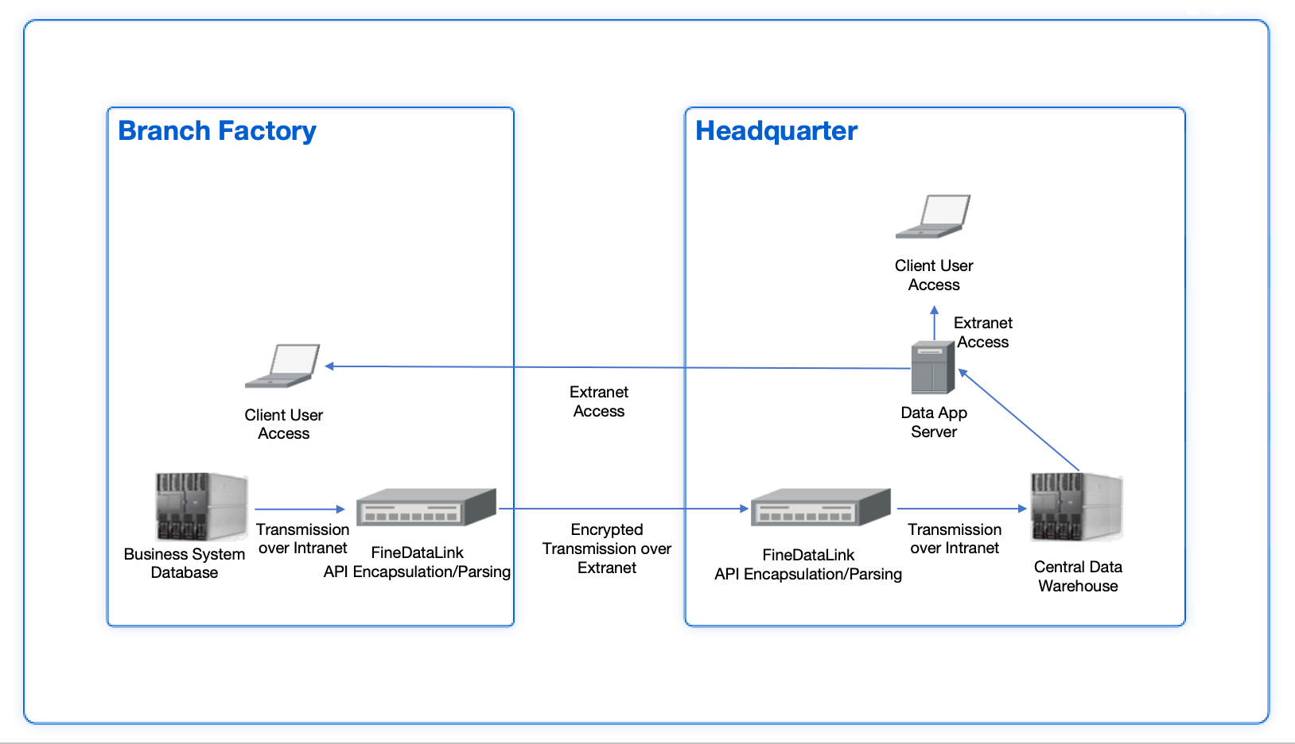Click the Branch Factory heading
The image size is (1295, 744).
pos(216,130)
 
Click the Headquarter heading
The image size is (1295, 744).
pos(776,130)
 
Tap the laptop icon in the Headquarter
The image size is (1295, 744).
pos(933,216)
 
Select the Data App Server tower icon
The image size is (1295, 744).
pos(932,367)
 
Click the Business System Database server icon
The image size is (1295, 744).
pos(200,506)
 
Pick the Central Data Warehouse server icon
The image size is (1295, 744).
pos(1075,506)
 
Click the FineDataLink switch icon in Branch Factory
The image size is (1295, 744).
pos(426,507)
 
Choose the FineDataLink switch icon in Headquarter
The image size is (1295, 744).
pos(820,507)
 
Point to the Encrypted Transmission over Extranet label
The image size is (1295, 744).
pos(606,548)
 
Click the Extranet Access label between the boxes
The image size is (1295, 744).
pos(599,401)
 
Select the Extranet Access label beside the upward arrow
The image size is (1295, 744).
pos(982,332)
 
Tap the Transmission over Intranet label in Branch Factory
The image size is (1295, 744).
pos(302,538)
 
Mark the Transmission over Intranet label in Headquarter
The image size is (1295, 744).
pos(955,538)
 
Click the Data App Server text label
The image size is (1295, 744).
pos(934,422)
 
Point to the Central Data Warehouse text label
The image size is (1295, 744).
pos(1078,576)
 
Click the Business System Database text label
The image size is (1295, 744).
pos(185,563)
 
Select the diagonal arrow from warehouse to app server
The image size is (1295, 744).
pos(1020,420)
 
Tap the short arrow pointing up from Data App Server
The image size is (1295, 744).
pos(935,322)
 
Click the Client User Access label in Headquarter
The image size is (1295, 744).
pos(934,275)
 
